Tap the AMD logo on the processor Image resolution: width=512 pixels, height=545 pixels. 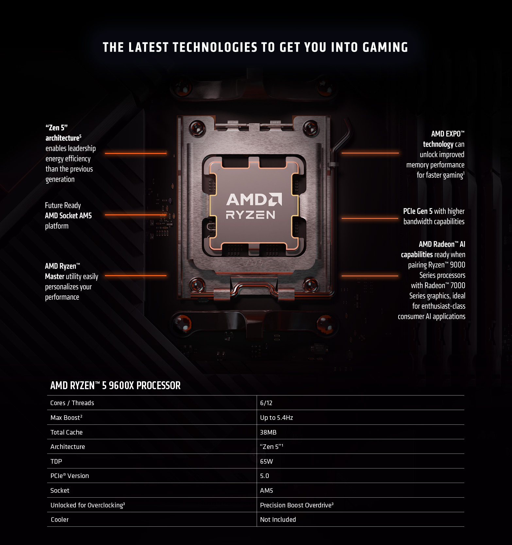[x=254, y=200]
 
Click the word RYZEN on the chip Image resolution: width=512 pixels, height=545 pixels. [x=250, y=215]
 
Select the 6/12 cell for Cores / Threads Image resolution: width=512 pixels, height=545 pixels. [x=266, y=403]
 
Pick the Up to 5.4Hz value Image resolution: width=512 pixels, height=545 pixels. [x=276, y=418]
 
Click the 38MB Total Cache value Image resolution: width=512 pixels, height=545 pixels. [x=268, y=432]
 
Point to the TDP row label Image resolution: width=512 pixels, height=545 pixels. [x=56, y=461]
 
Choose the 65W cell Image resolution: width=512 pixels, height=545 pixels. [x=266, y=461]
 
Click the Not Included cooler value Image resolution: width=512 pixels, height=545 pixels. [x=278, y=520]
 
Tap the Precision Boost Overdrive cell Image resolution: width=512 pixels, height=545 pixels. [x=296, y=505]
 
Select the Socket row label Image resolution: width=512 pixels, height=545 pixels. [x=60, y=490]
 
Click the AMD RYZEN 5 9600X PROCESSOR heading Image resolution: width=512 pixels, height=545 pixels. [x=115, y=386]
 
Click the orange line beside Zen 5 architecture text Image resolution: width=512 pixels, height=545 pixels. [x=135, y=153]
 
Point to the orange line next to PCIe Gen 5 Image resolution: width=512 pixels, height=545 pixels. [x=370, y=218]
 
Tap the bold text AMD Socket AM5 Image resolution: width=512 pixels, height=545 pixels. [x=68, y=216]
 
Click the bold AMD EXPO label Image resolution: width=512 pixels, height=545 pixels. [x=447, y=134]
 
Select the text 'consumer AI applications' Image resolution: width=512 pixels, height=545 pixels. [x=431, y=316]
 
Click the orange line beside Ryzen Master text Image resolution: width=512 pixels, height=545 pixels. [x=135, y=275]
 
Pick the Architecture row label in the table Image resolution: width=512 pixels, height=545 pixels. [x=68, y=447]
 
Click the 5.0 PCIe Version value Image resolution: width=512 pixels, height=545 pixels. [x=265, y=476]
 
